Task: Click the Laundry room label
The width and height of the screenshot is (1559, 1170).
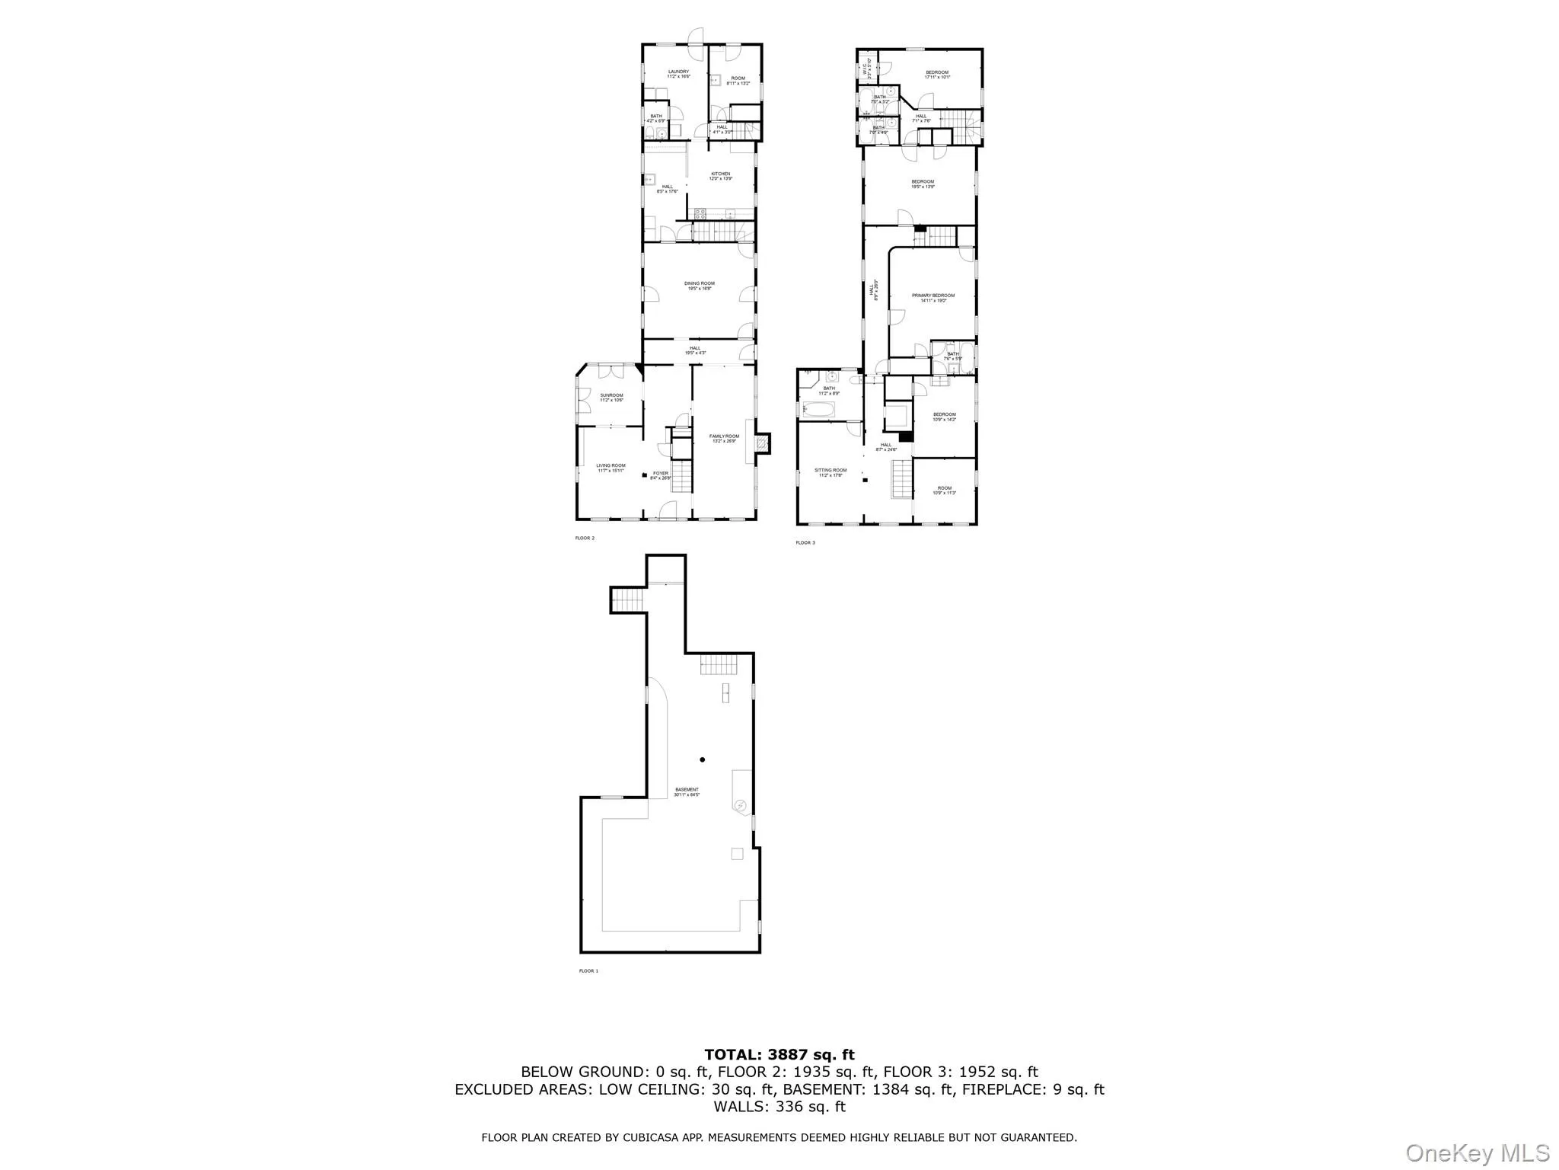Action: (678, 72)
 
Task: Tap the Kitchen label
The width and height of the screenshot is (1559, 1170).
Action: (721, 174)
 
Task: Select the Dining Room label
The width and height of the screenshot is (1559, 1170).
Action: (700, 284)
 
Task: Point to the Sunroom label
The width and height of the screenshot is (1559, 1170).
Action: (611, 395)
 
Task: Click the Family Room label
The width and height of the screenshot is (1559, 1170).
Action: (724, 436)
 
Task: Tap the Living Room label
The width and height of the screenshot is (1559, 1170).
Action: (611, 466)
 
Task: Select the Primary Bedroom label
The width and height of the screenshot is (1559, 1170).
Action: (933, 296)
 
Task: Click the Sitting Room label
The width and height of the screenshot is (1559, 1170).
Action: (831, 471)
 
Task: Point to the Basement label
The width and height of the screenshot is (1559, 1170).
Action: (687, 790)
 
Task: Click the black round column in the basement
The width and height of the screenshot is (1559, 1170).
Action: (703, 759)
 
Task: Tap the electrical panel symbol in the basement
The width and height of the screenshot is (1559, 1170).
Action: (740, 805)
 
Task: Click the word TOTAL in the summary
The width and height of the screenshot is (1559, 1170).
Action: (732, 1055)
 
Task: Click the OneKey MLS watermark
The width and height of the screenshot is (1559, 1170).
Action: (1477, 1152)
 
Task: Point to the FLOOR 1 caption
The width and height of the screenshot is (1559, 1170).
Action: (588, 971)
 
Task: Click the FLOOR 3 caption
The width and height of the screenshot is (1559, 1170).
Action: (805, 543)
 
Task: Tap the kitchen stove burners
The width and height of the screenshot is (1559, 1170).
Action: (700, 214)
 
